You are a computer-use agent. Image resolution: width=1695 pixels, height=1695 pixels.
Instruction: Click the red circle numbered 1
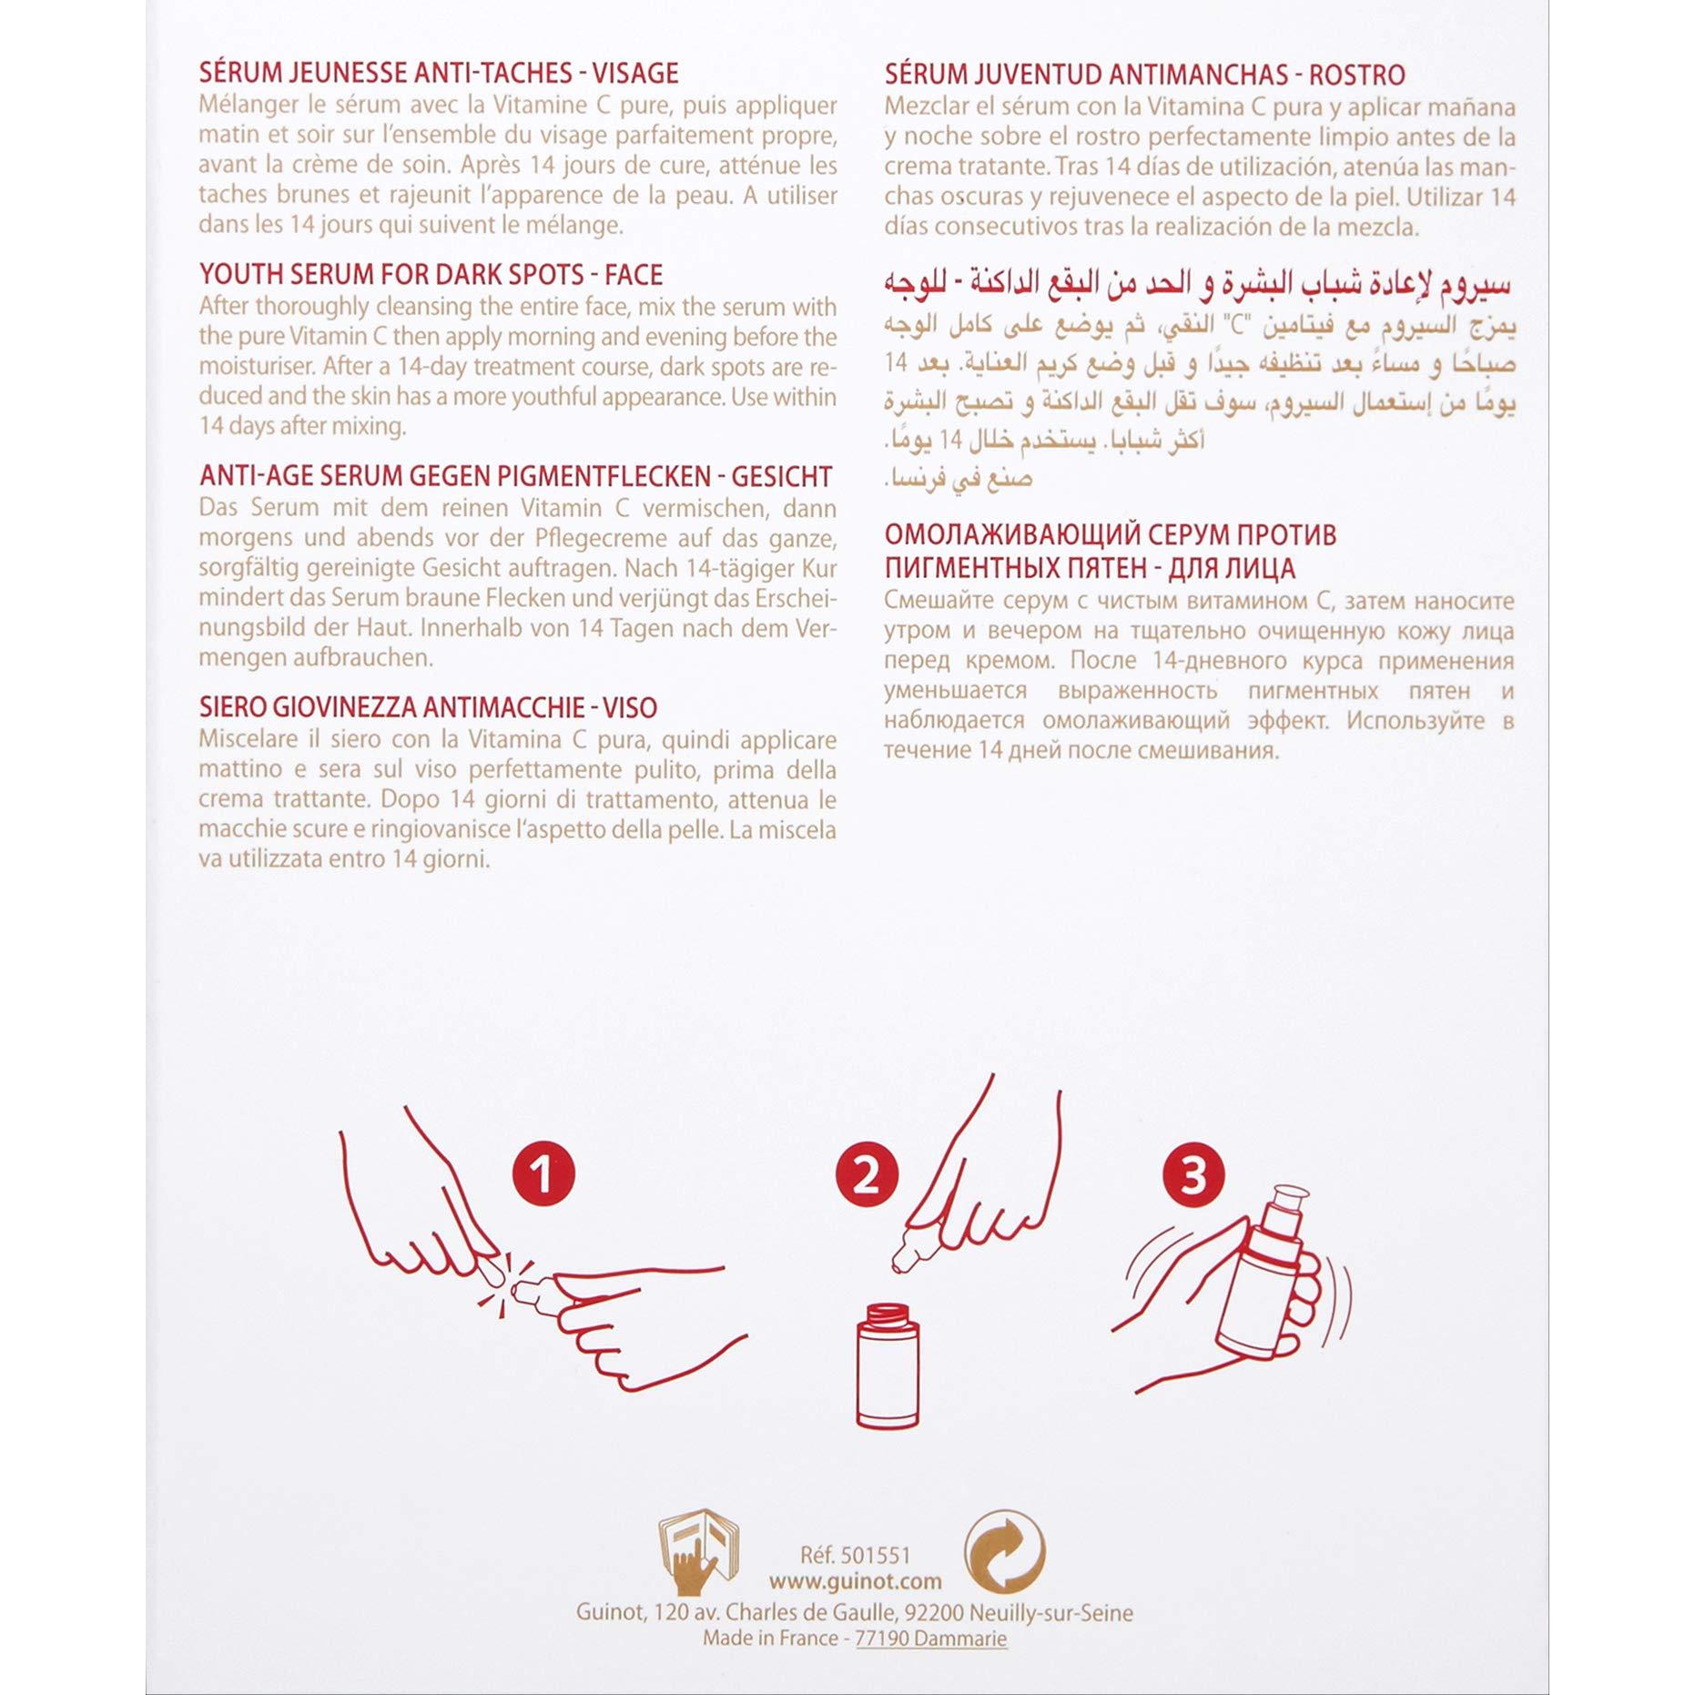point(543,1173)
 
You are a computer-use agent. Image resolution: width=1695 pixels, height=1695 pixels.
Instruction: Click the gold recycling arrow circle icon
point(1004,1553)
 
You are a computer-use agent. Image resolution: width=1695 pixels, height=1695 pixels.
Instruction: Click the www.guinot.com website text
point(855,1582)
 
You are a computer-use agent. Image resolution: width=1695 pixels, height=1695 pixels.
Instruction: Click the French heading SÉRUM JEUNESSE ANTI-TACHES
point(439,73)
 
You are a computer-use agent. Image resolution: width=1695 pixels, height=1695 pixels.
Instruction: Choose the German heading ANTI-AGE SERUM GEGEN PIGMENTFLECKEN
point(515,476)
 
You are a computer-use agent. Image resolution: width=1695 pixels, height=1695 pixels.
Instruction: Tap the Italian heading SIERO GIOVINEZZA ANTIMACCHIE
point(428,707)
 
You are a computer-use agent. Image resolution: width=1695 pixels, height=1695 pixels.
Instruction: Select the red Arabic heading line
point(1198,284)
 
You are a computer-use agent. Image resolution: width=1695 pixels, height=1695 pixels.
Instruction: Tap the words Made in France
point(770,1639)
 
